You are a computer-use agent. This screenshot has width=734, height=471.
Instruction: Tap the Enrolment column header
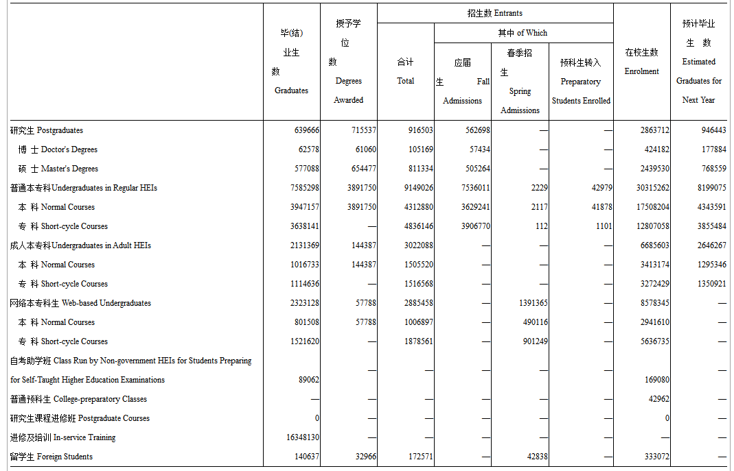pos(641,62)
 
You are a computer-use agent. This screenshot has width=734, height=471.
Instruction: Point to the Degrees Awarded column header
pos(348,62)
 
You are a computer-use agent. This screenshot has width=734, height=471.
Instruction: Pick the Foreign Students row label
pos(51,457)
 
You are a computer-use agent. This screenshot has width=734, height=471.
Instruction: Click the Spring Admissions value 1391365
pos(533,303)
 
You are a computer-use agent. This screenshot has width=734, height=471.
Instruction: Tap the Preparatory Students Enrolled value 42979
pos(597,188)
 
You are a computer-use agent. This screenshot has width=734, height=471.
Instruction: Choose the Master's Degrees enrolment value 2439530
pos(654,169)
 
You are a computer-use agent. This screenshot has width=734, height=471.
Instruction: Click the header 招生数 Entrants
pos(494,13)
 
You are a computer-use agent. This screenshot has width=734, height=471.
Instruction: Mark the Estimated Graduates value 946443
pos(713,130)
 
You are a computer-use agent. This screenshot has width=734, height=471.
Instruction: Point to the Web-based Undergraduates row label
pos(80,303)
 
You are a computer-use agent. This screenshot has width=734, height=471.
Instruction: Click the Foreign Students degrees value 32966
pos(363,457)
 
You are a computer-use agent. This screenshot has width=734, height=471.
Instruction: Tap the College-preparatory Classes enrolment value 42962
pos(658,399)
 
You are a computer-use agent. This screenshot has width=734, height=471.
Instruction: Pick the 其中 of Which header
pos(523,33)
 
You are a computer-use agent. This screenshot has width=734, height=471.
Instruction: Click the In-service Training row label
pos(62,437)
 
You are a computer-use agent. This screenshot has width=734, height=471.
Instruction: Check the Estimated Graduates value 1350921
pos(711,284)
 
